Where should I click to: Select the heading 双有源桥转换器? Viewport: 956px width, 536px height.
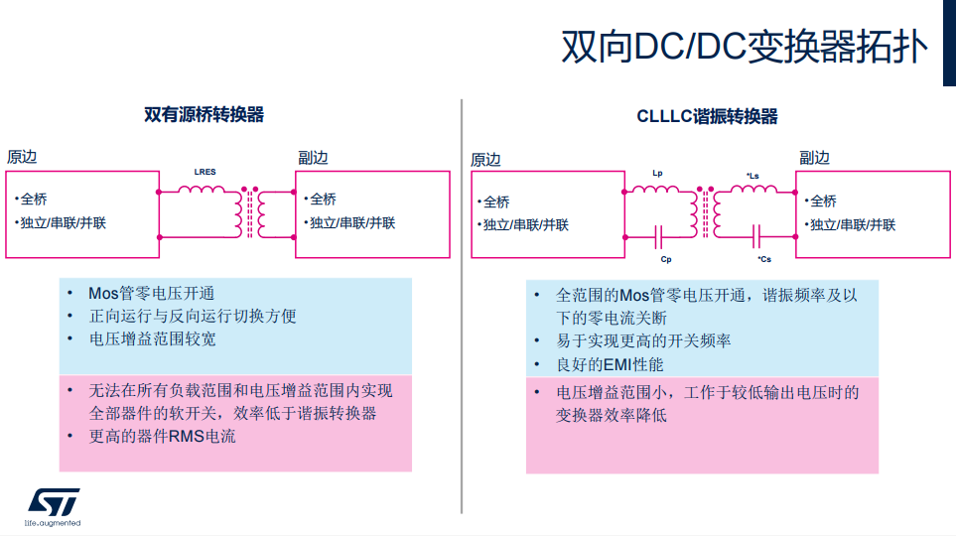tap(205, 114)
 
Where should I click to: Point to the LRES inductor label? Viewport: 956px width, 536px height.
tap(205, 172)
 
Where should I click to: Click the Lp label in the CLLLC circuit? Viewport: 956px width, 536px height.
tap(657, 174)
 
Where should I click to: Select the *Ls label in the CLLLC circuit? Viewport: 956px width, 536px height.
tap(752, 177)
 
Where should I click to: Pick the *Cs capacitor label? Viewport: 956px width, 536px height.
tap(764, 259)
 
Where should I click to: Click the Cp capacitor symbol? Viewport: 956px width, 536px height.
tap(658, 237)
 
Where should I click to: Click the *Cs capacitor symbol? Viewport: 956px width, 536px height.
tap(757, 237)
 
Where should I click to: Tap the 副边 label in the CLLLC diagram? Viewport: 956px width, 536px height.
tap(814, 157)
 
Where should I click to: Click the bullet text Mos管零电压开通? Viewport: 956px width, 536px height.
tap(151, 293)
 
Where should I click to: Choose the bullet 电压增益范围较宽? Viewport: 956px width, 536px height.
tap(153, 338)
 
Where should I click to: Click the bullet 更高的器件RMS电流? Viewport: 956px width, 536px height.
tap(163, 436)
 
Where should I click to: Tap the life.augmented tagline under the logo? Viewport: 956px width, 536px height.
tap(53, 523)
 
